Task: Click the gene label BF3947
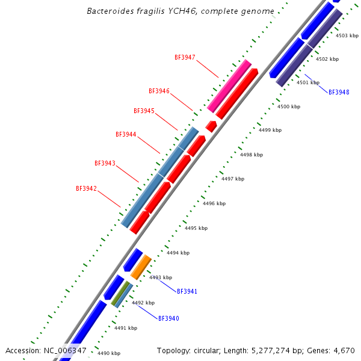pyautogui.click(x=185, y=58)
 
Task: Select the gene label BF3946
pyautogui.click(x=159, y=91)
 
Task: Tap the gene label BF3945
pyautogui.click(x=144, y=111)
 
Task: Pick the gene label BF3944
pyautogui.click(x=126, y=135)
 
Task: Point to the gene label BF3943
pyautogui.click(x=105, y=164)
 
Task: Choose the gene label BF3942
pyautogui.click(x=86, y=189)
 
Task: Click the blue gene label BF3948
pyautogui.click(x=339, y=93)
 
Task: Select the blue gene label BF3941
pyautogui.click(x=187, y=291)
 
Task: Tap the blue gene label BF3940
pyautogui.click(x=168, y=318)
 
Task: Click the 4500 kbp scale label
pyautogui.click(x=288, y=106)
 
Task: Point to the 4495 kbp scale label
pyautogui.click(x=196, y=229)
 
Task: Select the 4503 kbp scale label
pyautogui.click(x=347, y=35)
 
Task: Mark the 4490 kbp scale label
pyautogui.click(x=109, y=354)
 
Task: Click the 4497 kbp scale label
pyautogui.click(x=233, y=179)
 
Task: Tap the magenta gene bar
pyautogui.click(x=229, y=85)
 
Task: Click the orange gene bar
pyautogui.click(x=141, y=267)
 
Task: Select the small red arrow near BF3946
pyautogui.click(x=211, y=126)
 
